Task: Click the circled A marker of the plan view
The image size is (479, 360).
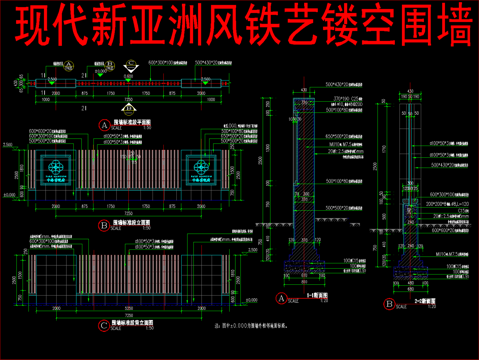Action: pos(102,124)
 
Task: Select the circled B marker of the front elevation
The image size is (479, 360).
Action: pos(103,226)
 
